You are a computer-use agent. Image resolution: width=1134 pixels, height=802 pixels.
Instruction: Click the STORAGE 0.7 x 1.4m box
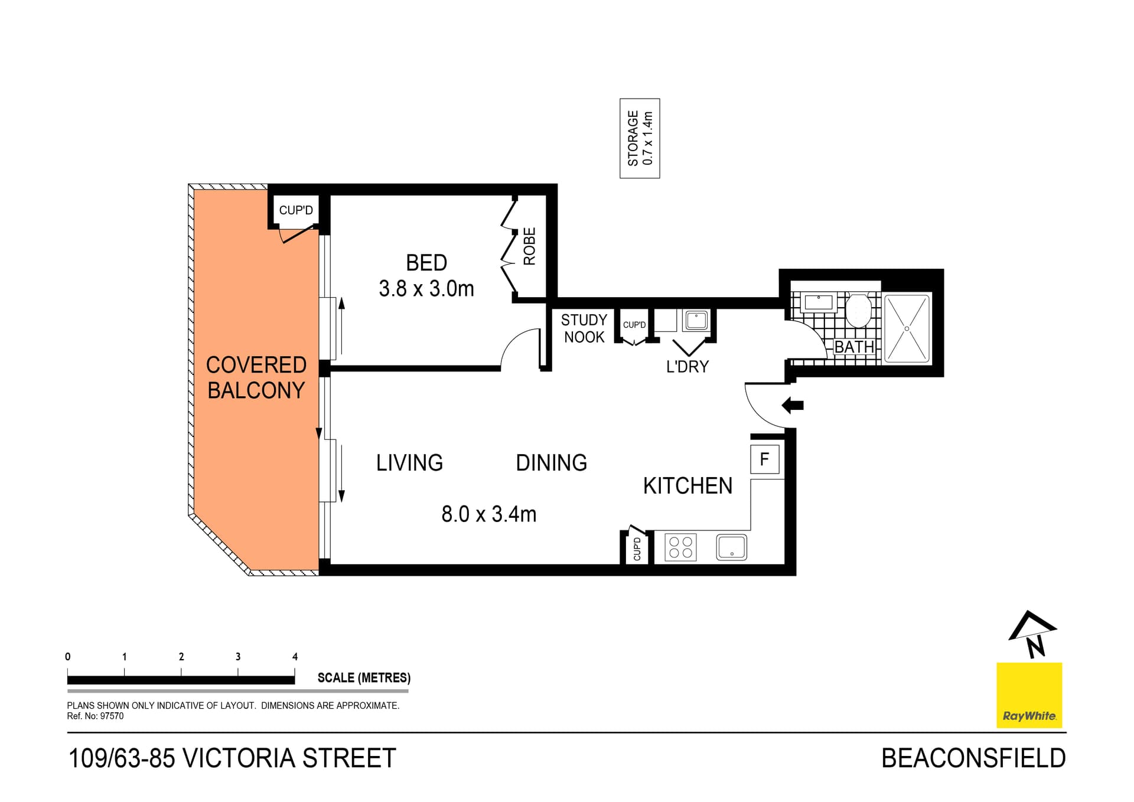[x=640, y=138]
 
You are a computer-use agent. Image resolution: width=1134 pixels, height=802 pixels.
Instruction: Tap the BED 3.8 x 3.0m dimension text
[x=426, y=289]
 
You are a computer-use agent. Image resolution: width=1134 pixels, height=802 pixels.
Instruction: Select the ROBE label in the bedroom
[x=529, y=246]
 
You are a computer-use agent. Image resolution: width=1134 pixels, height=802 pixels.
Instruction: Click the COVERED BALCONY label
[x=256, y=377]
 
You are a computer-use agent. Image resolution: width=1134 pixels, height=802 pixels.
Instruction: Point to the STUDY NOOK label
[x=584, y=328]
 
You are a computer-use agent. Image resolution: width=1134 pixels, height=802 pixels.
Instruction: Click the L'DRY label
[x=687, y=367]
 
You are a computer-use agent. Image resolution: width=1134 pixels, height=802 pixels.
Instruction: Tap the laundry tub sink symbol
[x=696, y=321]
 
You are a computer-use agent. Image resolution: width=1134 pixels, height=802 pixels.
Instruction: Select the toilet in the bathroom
[x=858, y=310]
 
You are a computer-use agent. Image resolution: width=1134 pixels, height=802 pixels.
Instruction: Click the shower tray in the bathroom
[x=907, y=328]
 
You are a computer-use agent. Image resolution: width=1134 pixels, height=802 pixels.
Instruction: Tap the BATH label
[x=854, y=347]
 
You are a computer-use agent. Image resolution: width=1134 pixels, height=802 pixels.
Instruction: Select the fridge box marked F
[x=764, y=459]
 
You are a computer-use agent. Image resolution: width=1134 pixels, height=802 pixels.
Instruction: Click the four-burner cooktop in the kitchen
[x=680, y=546]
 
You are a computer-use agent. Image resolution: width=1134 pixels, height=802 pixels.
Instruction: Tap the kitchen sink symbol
[x=731, y=547]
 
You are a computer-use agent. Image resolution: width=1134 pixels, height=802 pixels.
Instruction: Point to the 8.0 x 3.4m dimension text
[x=488, y=514]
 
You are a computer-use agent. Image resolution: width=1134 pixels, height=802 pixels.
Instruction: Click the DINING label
[x=551, y=462]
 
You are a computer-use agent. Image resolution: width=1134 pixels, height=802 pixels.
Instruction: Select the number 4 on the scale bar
[x=295, y=657]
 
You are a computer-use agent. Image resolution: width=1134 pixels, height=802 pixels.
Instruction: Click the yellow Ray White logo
[x=1029, y=695]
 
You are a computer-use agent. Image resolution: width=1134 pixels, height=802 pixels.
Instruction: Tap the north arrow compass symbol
[x=1032, y=634]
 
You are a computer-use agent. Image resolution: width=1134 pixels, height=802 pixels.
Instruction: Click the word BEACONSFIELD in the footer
[x=973, y=758]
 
